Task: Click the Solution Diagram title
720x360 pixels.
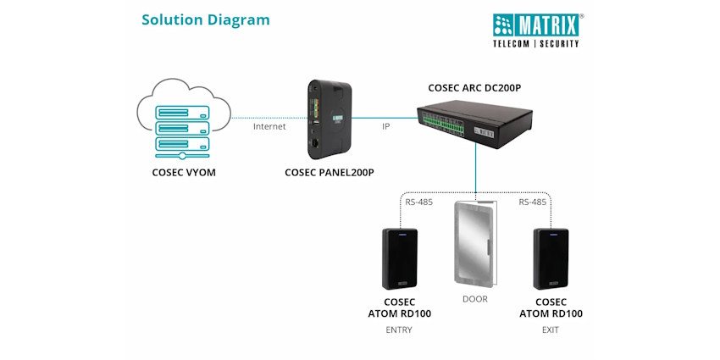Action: [x=206, y=19]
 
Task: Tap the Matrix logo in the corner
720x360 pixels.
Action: [x=537, y=23]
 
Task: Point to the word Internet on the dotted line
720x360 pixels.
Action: [x=269, y=126]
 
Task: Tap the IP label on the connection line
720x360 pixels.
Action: [x=385, y=126]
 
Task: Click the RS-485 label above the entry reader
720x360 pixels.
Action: [x=418, y=202]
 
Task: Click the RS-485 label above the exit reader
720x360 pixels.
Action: [x=533, y=202]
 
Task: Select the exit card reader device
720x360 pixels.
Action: [x=551, y=258]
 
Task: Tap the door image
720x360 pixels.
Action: [x=475, y=242]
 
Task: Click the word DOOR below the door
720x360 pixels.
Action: [x=475, y=299]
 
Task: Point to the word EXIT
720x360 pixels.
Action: [x=551, y=330]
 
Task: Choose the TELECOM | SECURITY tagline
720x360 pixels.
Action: [x=536, y=42]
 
